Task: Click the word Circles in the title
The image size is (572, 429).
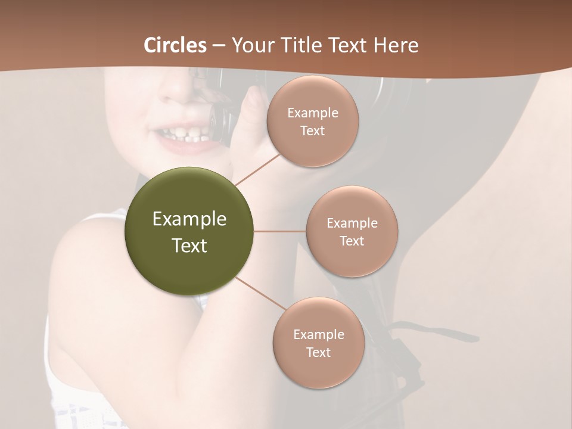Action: pos(175,45)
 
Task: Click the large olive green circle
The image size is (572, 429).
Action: pos(189,231)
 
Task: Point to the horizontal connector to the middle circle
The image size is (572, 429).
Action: pos(280,231)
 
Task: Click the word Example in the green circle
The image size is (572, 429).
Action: pos(189,219)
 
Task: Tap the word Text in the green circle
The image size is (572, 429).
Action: pos(189,245)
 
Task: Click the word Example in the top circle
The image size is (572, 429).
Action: pos(313,113)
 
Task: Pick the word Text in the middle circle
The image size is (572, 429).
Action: pos(352,241)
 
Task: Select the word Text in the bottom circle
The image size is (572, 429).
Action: pos(318,353)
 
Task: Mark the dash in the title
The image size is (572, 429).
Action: pos(218,46)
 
